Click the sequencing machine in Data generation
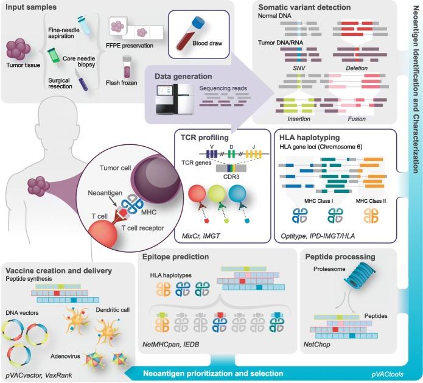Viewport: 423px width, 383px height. pos(173,100)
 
